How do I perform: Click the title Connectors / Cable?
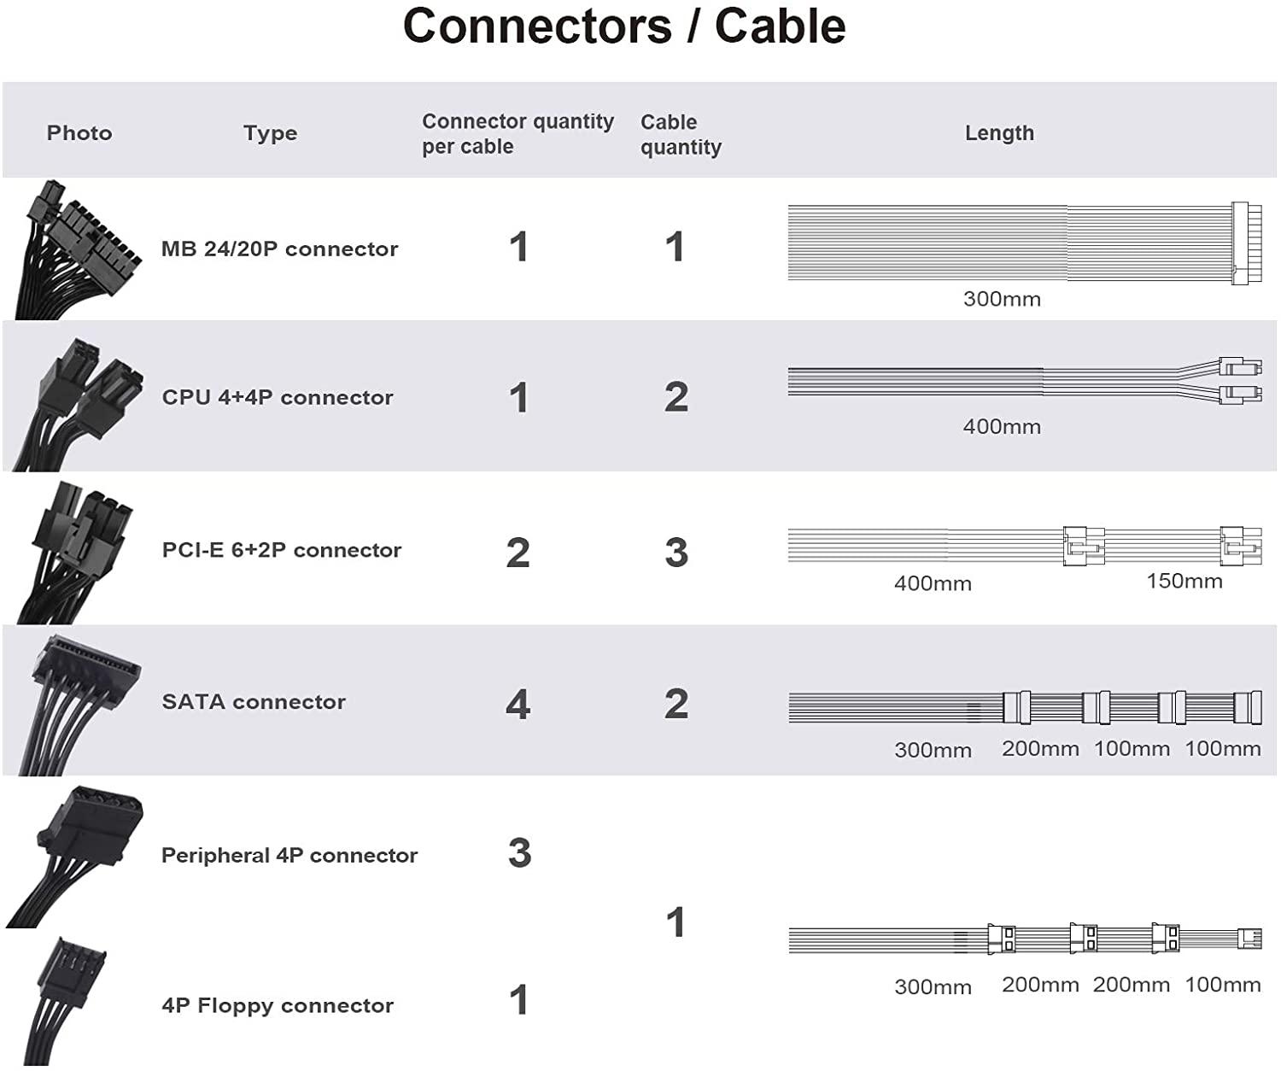(x=624, y=26)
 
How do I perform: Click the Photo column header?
(x=79, y=133)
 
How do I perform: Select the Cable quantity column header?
(x=681, y=134)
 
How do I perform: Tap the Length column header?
(x=999, y=133)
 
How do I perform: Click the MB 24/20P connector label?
(x=279, y=249)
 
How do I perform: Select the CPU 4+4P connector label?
(x=278, y=398)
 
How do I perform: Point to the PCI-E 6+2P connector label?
(x=282, y=550)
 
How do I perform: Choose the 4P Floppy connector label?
(x=278, y=1006)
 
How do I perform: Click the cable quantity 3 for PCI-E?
(x=676, y=553)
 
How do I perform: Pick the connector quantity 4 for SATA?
(x=518, y=705)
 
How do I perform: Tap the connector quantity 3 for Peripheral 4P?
(x=519, y=853)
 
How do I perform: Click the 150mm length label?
(x=1184, y=582)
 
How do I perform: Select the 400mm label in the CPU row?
(x=1002, y=427)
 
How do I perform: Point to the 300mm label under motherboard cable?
(x=1002, y=300)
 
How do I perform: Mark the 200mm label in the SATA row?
(x=1040, y=749)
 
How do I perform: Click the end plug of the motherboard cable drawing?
(x=1240, y=243)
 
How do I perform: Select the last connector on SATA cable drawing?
(x=1248, y=707)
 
